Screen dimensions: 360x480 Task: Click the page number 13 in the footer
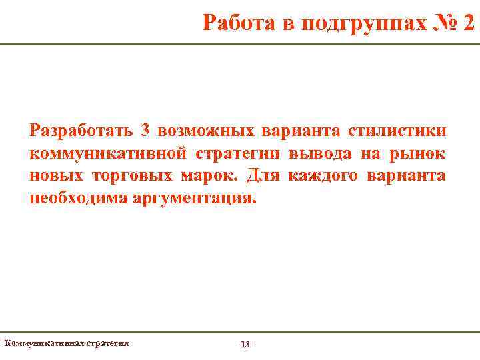pos(245,345)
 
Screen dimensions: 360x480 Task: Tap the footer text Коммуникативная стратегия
pos(67,343)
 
